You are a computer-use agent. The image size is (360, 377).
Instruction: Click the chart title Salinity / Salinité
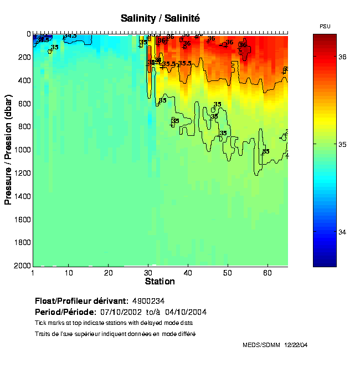click(160, 18)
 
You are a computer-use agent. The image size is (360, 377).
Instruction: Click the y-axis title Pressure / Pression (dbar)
click(8, 150)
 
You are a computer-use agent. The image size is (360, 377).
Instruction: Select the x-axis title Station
click(160, 282)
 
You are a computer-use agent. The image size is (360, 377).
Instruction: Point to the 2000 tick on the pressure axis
click(21, 266)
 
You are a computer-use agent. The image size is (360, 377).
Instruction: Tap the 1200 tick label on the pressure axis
click(21, 173)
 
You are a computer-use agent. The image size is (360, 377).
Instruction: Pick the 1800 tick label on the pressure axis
click(21, 243)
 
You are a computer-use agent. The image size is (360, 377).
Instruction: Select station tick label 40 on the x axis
click(188, 273)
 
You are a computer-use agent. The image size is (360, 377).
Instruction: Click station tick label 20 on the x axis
click(109, 273)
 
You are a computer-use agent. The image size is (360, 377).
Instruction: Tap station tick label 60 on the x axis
click(268, 273)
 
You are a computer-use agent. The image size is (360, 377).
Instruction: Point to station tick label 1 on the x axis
click(33, 273)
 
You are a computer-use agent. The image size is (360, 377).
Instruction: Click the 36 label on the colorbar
click(343, 57)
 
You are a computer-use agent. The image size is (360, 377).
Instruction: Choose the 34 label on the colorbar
click(343, 232)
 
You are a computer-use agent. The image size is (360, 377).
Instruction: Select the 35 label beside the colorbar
click(343, 145)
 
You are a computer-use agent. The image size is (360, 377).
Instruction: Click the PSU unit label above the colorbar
click(325, 27)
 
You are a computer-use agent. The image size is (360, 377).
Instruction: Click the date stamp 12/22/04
click(296, 345)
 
